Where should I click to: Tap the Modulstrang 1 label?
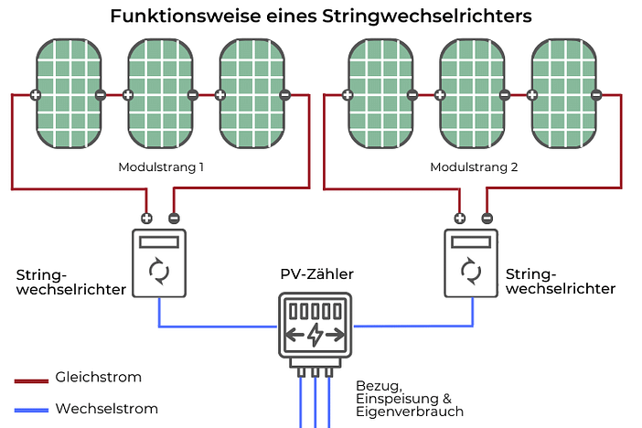[161, 168]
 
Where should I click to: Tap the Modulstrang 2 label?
[474, 168]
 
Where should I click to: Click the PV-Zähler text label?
[316, 273]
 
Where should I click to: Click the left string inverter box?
[159, 262]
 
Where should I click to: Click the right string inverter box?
[471, 262]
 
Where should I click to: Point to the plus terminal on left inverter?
[146, 218]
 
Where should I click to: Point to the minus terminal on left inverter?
[174, 218]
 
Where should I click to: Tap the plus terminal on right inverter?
[459, 218]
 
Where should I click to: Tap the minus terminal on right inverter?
[487, 218]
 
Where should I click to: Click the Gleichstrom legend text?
[98, 377]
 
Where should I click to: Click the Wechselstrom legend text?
[106, 409]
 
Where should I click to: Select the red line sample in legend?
[31, 380]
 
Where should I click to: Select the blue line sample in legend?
[31, 410]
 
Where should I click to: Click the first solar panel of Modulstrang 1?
[68, 93]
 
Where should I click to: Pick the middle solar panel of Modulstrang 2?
[472, 93]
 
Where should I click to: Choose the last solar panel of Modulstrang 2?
[563, 93]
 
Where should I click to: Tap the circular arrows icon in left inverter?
[159, 272]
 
